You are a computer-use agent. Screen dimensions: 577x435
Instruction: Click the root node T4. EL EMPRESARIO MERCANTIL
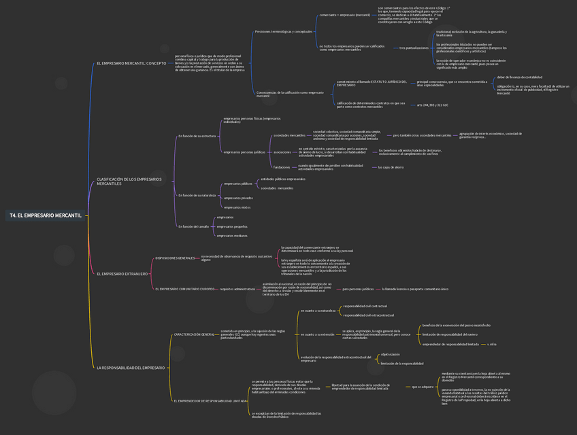(46, 215)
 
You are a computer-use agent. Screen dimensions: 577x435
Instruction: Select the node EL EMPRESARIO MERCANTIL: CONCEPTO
(131, 63)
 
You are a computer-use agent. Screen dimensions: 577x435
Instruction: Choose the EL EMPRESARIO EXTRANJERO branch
(122, 274)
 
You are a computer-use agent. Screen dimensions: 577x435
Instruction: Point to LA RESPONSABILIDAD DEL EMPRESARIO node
(131, 368)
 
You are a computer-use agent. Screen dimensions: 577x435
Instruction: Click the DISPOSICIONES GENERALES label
(175, 258)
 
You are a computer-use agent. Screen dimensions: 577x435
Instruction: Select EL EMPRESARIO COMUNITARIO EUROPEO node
(184, 289)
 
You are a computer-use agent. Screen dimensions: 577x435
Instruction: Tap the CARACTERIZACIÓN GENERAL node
(194, 334)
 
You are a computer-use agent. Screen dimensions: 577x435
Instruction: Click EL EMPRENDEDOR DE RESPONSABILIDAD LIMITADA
(210, 401)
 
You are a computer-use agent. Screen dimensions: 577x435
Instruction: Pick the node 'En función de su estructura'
(197, 136)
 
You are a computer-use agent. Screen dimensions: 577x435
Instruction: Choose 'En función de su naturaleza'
(197, 195)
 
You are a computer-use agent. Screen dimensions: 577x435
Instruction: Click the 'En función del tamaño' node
(193, 226)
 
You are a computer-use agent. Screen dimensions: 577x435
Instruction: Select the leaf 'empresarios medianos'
(232, 236)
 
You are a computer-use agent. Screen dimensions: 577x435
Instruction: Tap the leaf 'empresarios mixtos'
(237, 207)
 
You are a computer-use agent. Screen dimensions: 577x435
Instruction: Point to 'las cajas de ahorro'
(391, 167)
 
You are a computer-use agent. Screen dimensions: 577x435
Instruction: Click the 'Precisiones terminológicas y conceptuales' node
(283, 31)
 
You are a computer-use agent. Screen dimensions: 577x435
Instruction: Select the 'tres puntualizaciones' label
(414, 48)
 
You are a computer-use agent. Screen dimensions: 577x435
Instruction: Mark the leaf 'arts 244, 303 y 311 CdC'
(432, 105)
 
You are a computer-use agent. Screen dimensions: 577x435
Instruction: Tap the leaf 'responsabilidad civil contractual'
(365, 306)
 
